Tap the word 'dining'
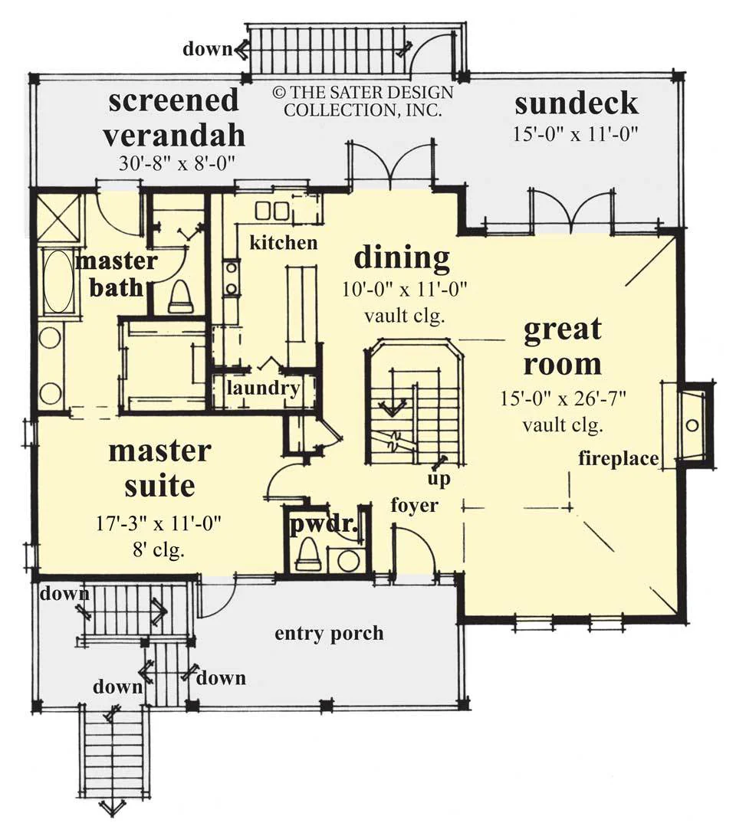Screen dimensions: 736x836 402,258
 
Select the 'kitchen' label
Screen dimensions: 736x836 283,243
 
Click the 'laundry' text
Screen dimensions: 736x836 263,388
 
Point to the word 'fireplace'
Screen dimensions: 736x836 619,458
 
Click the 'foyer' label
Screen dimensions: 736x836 415,505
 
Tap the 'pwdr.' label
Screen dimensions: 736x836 324,525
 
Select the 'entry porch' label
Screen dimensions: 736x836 329,634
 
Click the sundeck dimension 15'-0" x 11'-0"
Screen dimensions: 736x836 576,134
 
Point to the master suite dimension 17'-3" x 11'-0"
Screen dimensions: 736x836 159,523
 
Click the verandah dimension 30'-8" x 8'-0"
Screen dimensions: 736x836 177,163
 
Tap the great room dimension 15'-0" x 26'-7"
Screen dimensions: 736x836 563,398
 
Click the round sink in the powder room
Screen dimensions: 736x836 349,560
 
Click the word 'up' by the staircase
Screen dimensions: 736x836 439,479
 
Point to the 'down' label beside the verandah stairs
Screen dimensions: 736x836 208,49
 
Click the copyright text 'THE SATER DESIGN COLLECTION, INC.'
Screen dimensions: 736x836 363,101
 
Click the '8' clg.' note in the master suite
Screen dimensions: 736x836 159,549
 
